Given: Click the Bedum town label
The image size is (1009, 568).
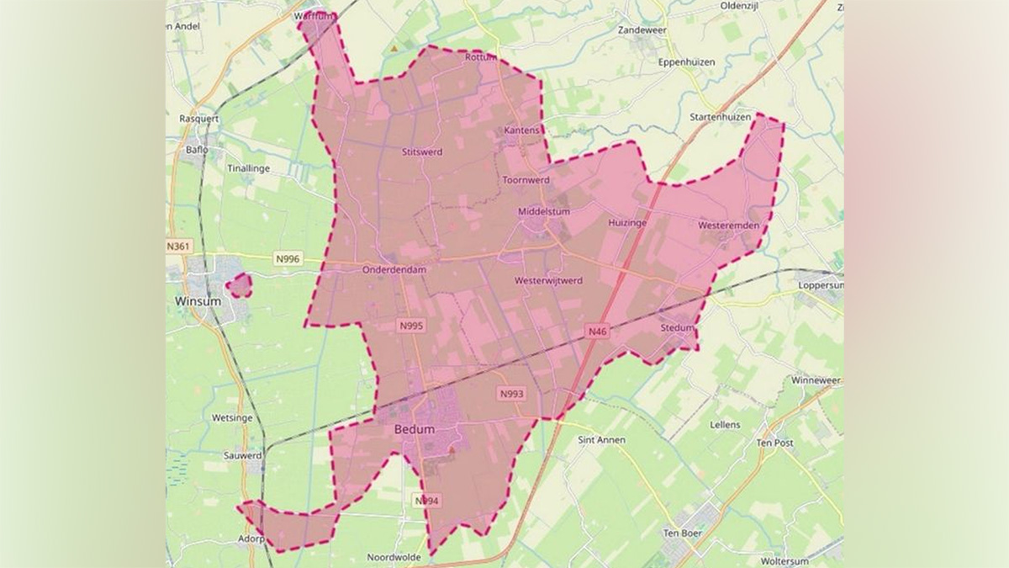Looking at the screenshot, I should pos(415,429).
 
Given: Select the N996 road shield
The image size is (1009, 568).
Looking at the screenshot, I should pos(288,260).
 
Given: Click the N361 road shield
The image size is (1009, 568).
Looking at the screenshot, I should pos(179,246).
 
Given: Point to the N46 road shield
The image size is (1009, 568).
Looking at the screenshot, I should pos(597,332).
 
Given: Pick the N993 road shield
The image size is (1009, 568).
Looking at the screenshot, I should pos(511,393).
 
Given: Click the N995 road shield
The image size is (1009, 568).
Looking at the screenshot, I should pos(410,326).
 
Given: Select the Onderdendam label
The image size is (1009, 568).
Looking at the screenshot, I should pos(394,270).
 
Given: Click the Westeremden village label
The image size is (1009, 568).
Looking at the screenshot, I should pos(728,226).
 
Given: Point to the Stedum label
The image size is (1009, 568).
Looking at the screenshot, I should pos(677,327).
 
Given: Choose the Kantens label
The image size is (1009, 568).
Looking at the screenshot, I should pos(521,131).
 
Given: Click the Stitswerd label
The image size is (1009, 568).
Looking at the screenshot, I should pos(422,152).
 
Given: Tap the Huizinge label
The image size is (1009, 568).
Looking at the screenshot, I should pos(626,223).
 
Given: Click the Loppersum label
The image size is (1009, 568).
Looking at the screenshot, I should pos(821,285).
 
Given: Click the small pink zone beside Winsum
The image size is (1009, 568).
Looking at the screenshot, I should pos(240,285).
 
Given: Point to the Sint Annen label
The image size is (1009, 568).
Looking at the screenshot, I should pos(602,439).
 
